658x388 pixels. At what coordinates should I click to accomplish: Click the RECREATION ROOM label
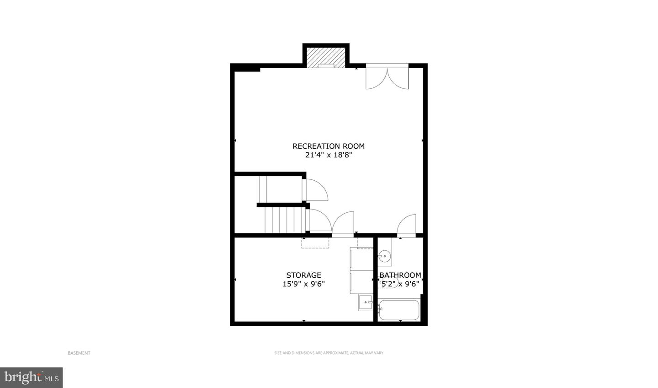point(329,146)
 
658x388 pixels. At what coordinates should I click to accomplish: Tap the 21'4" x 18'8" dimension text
point(329,155)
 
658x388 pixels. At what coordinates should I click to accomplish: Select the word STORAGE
point(304,275)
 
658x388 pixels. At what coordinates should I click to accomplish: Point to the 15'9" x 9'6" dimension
point(304,284)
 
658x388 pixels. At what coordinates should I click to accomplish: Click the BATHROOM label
point(400,275)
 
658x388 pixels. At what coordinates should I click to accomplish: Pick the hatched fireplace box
point(326,58)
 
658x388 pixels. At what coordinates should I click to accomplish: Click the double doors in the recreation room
point(387,77)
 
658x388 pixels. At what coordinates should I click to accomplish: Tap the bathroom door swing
point(407,226)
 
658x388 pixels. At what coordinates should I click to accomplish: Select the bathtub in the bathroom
point(399,310)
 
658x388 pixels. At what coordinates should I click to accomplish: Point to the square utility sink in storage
point(366,303)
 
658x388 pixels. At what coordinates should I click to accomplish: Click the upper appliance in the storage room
point(361,259)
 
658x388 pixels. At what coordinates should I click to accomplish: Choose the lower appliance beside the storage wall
point(361,282)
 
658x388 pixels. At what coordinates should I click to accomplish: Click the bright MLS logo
point(32,377)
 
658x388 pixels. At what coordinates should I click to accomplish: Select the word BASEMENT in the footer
point(79,353)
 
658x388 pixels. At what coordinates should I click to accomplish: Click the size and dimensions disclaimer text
point(329,353)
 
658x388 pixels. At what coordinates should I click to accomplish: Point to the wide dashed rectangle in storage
point(315,242)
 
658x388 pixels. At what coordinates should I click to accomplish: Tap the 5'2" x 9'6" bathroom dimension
point(400,284)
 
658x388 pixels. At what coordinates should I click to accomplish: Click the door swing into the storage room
point(343,224)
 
